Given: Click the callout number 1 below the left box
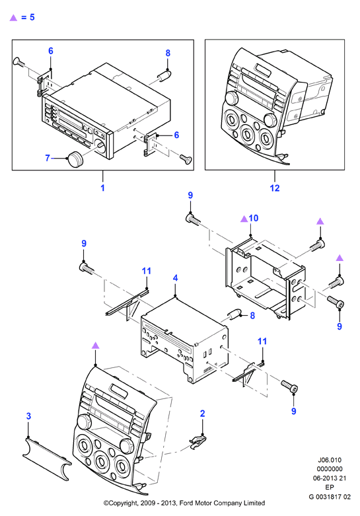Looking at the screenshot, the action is coord(102,188).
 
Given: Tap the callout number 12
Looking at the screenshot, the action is coord(274,188).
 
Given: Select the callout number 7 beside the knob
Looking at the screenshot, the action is coord(48,159).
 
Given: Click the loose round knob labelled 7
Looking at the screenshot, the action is coord(75,159).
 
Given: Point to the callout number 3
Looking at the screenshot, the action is coord(28,416).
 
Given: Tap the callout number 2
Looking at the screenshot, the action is coord(202,414).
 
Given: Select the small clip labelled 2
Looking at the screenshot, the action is coord(198,441).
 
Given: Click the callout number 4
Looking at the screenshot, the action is coord(176,278).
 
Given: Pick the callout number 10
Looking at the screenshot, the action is coord(254,218).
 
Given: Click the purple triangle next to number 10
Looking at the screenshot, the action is coord(244,219).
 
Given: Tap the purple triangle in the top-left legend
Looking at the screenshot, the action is coord(13,17).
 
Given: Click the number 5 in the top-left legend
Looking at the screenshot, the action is coord(32,17).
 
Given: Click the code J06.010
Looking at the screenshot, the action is coord(330,460).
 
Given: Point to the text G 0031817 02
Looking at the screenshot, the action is coord(330,497).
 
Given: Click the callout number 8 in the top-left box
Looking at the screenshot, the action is coord(168,53).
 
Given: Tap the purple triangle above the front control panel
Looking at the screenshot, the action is coord(95,345).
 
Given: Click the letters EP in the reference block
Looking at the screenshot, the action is coord(330,488).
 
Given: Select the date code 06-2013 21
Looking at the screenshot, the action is coord(330,478).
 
